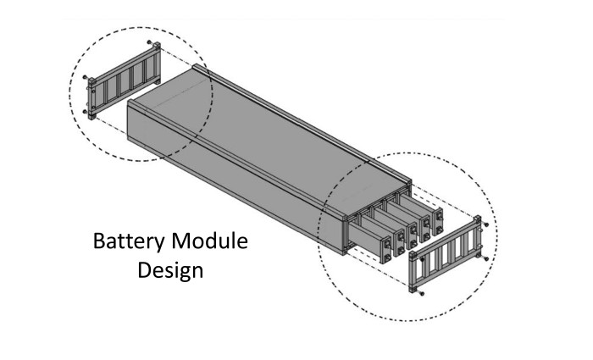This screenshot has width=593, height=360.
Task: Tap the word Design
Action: (x=170, y=271)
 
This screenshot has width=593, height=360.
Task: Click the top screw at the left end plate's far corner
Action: (x=149, y=42)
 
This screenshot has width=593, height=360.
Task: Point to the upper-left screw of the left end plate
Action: (x=85, y=77)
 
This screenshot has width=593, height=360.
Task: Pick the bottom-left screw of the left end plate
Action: (x=85, y=112)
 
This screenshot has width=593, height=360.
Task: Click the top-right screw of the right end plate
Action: (x=486, y=225)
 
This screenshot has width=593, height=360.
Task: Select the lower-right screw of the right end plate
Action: (x=486, y=259)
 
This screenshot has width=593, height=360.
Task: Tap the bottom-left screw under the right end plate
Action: (x=422, y=293)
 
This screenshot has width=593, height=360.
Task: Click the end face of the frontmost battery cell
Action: (x=386, y=250)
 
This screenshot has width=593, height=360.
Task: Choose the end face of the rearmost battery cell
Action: (x=438, y=221)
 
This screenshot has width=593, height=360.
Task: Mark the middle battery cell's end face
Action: (x=413, y=235)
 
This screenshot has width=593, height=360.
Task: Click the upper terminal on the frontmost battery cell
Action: (x=387, y=244)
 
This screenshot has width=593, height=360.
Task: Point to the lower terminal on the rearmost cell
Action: (x=439, y=230)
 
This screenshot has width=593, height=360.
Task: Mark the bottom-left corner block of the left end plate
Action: (x=91, y=115)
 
